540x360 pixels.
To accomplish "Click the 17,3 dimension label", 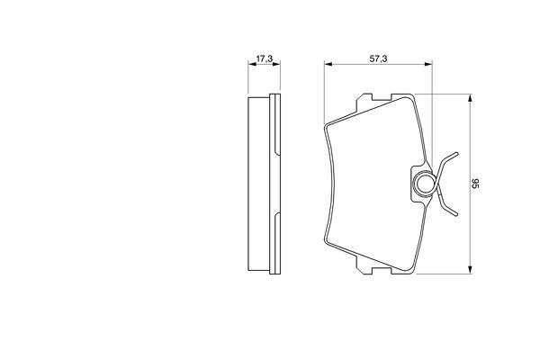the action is point(264,58).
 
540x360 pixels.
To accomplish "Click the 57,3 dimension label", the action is point(378,58).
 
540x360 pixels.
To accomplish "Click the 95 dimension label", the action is point(475,184).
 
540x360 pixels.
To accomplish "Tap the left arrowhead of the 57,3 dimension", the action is point(328,64).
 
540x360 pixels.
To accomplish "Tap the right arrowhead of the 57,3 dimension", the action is point(428,64).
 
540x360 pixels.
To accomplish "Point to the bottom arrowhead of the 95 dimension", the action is point(470,270).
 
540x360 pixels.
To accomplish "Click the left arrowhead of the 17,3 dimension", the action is point(252,64).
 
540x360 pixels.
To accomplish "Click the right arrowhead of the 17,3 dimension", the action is point(276,64).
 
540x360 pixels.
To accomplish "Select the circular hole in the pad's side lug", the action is point(423,184).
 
